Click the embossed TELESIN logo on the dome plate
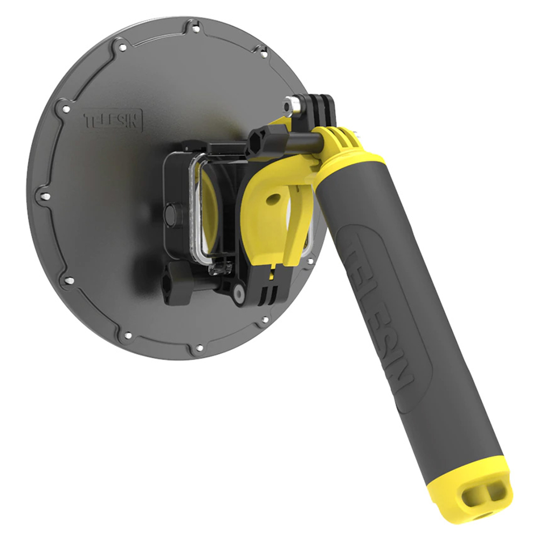coord(113,120)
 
